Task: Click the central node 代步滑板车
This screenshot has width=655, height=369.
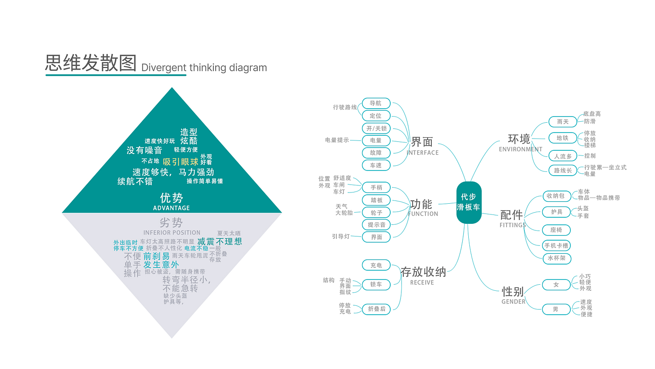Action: [469, 202]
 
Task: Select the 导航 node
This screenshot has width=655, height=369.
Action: [376, 103]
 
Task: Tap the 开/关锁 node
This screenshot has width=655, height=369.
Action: [376, 128]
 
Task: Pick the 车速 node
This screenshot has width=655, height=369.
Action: [376, 165]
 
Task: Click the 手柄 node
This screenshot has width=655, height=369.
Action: [376, 187]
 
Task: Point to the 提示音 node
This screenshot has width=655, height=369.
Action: [376, 225]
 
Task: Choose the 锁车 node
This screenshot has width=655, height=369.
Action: [376, 284]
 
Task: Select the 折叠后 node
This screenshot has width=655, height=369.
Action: [376, 309]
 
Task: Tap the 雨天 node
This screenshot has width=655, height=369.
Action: [562, 122]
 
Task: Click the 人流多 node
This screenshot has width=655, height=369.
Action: [562, 156]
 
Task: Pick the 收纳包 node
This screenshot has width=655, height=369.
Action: [556, 196]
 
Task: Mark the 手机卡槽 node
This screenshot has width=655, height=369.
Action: [556, 245]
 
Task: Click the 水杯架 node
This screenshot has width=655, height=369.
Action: [556, 258]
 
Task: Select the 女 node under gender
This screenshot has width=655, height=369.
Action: [556, 284]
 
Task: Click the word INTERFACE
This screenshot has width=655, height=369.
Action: [422, 153]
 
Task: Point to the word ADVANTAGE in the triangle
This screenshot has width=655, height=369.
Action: [172, 208]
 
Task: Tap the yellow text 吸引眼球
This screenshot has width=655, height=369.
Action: [181, 162]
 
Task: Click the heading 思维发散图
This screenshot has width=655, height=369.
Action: [91, 63]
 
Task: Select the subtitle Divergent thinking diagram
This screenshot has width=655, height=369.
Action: [204, 67]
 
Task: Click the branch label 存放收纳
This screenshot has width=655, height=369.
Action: [423, 272]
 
